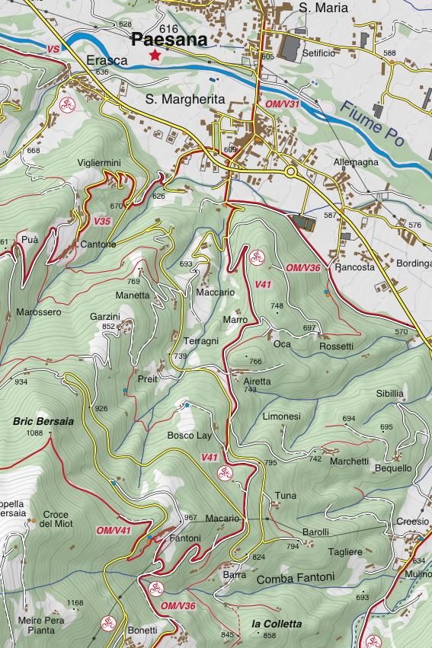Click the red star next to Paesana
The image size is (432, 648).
[155, 55]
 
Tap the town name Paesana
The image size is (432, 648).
[169, 41]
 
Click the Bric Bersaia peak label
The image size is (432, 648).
[43, 420]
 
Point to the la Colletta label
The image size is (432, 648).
[276, 624]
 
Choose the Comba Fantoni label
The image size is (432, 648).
[295, 577]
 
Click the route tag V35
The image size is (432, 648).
[102, 222]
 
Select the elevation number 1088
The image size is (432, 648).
[34, 433]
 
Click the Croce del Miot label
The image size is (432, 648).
[56, 519]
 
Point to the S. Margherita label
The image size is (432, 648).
[185, 99]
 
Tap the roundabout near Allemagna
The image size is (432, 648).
[292, 172]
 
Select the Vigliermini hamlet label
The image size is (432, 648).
[99, 164]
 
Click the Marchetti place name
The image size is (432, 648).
[349, 461]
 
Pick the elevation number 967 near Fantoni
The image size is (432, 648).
[190, 519]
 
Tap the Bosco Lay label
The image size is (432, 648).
[189, 436]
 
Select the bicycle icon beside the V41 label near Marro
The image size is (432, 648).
[257, 256]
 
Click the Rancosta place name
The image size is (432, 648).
[354, 268]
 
